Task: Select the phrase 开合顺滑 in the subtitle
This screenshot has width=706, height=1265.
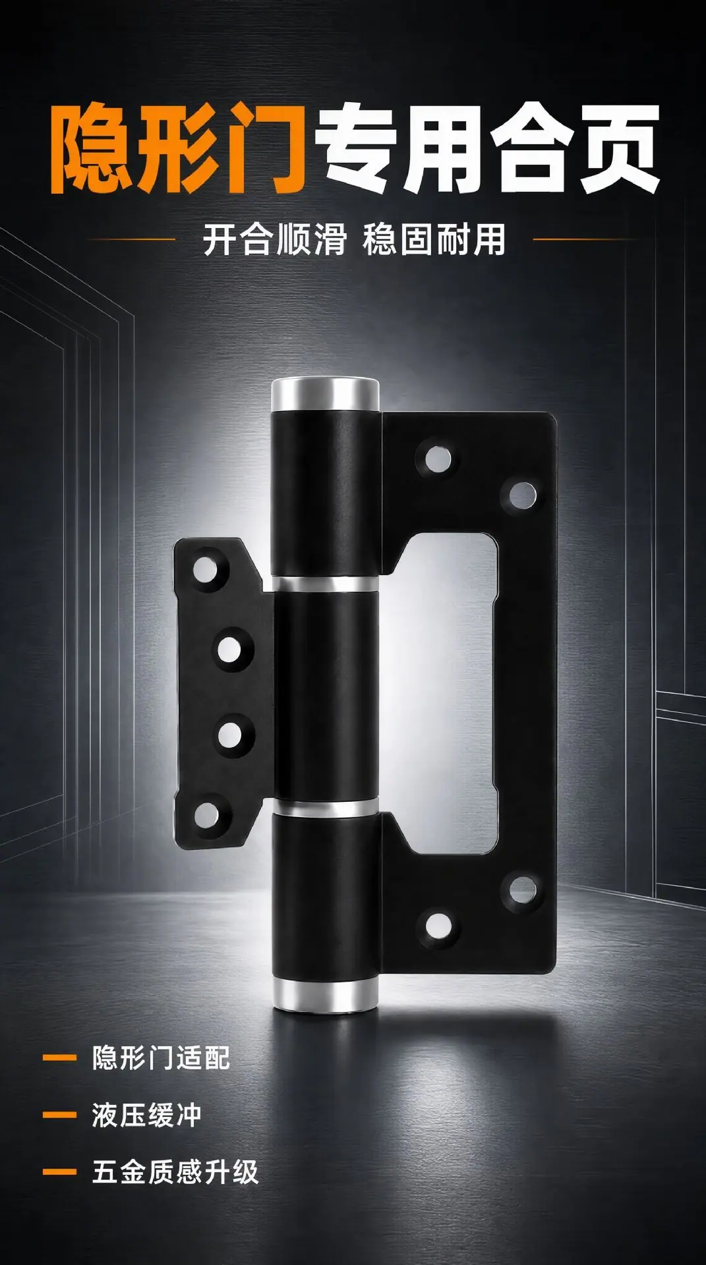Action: click(x=274, y=239)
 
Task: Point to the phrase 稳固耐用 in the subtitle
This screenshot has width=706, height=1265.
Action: click(x=434, y=239)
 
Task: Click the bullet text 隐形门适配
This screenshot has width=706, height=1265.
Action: click(x=161, y=1059)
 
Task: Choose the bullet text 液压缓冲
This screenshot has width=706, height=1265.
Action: click(x=146, y=1115)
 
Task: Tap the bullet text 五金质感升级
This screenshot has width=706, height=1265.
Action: click(x=175, y=1172)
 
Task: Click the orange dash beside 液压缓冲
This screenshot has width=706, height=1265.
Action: click(x=59, y=1115)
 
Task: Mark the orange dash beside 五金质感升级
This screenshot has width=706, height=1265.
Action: click(x=59, y=1172)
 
